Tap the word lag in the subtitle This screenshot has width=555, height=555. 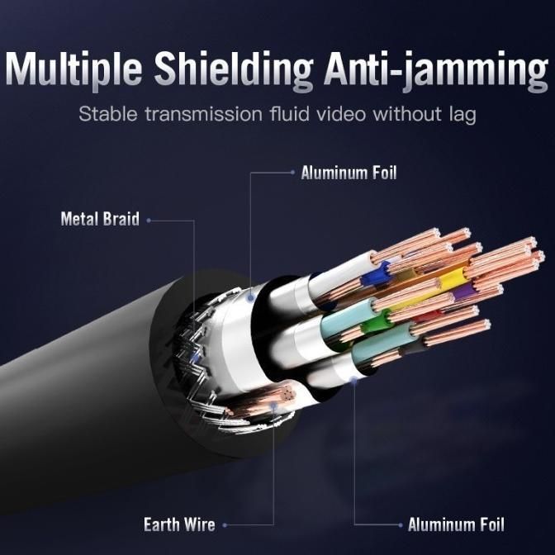461,115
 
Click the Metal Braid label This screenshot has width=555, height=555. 99,220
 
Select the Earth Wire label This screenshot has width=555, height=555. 179,524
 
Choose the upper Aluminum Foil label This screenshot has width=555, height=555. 349,173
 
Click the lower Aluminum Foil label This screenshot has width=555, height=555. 456,524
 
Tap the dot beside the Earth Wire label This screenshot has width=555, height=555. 225,524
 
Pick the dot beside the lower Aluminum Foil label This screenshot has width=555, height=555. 401,524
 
